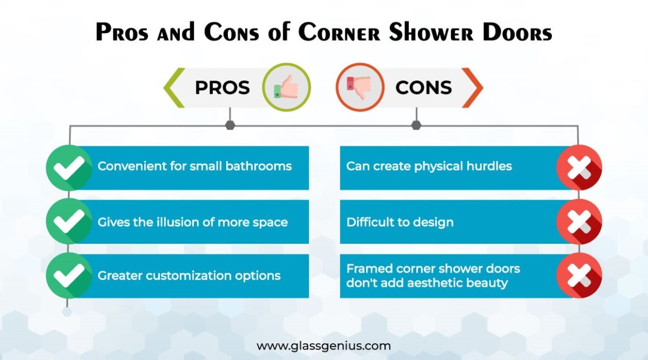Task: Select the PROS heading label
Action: click(x=222, y=87)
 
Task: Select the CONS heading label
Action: click(x=423, y=87)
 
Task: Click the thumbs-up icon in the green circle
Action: click(x=286, y=87)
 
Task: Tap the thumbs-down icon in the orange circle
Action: click(x=359, y=87)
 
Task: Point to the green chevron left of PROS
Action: click(x=174, y=88)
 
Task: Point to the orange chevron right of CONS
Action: click(x=472, y=88)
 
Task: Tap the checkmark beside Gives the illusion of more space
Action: click(x=69, y=222)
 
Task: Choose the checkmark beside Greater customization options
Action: click(x=69, y=276)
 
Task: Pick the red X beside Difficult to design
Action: click(x=579, y=222)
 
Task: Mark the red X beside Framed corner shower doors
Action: click(x=579, y=276)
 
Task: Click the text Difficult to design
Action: click(x=400, y=222)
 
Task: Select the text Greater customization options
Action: click(x=189, y=276)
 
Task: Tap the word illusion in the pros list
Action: click(x=185, y=222)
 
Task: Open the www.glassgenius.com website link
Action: click(x=323, y=345)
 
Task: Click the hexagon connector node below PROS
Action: click(x=230, y=125)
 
